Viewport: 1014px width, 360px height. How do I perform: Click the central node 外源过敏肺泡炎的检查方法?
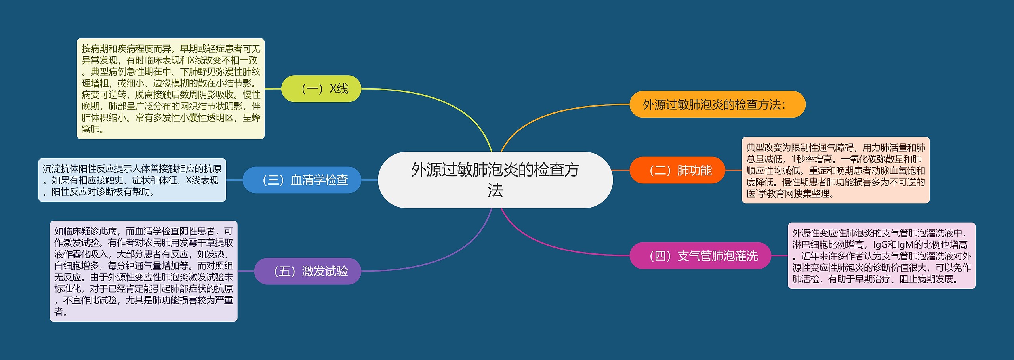click(495, 180)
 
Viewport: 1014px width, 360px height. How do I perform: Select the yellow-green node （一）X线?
click(321, 89)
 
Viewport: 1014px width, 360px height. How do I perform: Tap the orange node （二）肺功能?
click(677, 170)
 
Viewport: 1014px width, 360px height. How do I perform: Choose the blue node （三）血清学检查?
click(302, 180)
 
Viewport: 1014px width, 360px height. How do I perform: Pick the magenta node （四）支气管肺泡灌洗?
click(700, 256)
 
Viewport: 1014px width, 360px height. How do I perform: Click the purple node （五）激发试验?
click(307, 271)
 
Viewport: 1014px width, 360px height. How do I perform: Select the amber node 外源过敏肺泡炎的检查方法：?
click(717, 105)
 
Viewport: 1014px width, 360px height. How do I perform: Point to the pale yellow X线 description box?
click(170, 89)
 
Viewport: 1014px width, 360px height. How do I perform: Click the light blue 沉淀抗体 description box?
click(132, 180)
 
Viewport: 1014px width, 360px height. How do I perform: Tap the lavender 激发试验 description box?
click(143, 271)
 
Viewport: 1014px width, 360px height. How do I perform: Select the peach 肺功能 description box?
click(835, 170)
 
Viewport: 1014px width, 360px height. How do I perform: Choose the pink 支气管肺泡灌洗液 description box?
click(881, 256)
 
